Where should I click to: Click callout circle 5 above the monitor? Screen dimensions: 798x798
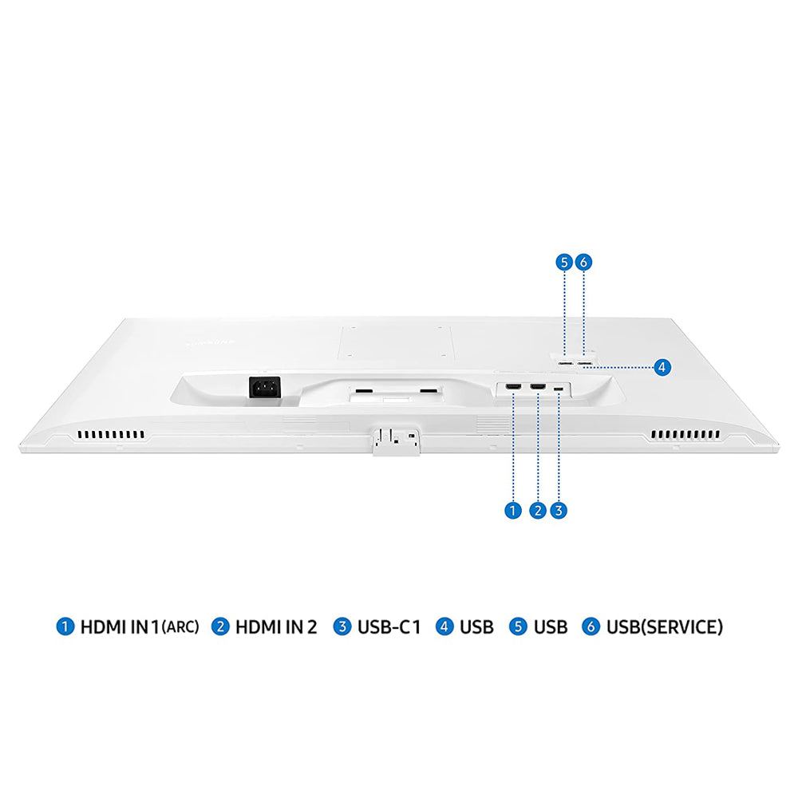click(564, 262)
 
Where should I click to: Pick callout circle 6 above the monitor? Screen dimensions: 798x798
click(584, 262)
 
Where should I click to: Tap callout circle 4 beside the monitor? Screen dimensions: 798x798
click(662, 367)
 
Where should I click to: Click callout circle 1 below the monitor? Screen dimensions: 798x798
click(513, 510)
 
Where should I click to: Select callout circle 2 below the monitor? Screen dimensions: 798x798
click(538, 510)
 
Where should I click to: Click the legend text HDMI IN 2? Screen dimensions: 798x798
click(276, 626)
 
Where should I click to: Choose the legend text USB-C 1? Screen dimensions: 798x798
click(389, 626)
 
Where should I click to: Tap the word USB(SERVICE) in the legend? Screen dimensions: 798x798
click(664, 626)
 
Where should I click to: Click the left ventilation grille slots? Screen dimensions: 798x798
click(111, 435)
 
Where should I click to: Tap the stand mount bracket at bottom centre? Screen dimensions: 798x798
click(397, 440)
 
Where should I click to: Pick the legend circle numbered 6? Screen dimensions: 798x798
click(591, 626)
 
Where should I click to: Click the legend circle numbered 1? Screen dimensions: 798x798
click(65, 626)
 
